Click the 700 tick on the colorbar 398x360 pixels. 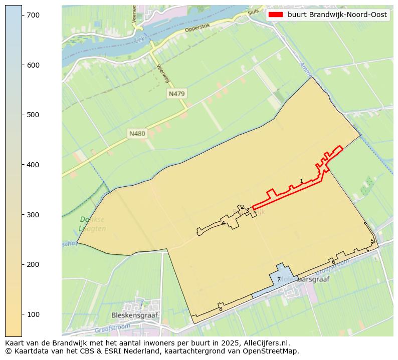point(22,16)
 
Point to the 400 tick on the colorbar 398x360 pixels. point(22,165)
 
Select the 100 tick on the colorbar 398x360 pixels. point(22,314)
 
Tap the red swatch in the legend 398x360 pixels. point(276,15)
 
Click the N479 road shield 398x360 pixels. point(177,94)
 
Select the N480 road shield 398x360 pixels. point(137,134)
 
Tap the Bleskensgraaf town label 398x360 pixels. point(134,316)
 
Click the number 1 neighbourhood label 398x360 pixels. point(301,181)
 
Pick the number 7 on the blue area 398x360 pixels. point(279,280)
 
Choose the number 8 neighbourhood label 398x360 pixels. point(221,309)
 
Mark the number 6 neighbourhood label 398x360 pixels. point(333,262)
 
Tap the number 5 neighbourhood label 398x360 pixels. point(372,241)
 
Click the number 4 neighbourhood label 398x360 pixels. point(223,223)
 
